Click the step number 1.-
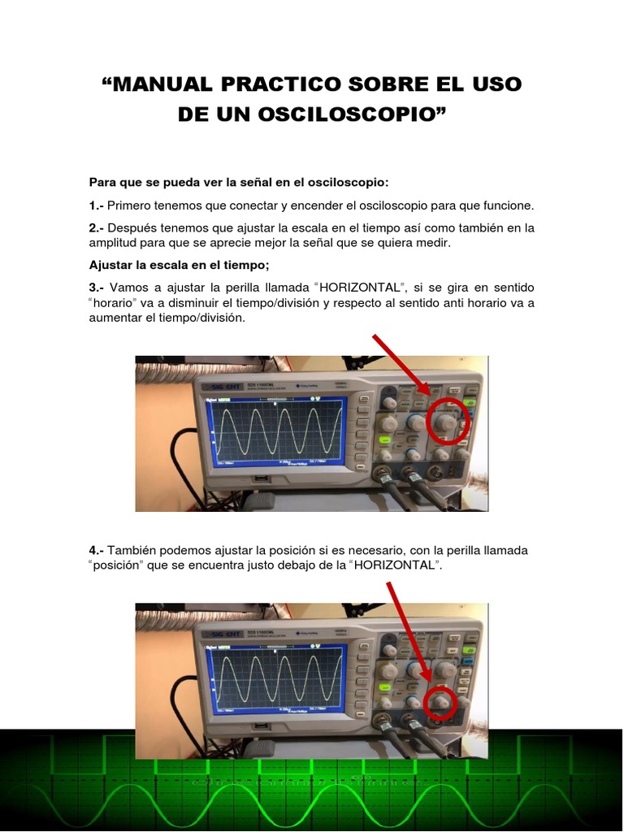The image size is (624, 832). tap(97, 206)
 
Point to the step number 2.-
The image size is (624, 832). tap(97, 228)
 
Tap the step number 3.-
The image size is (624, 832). tap(97, 288)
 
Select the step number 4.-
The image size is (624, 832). tap(97, 550)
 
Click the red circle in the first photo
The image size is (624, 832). tap(448, 422)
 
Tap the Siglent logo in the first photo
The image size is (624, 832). tap(223, 388)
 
